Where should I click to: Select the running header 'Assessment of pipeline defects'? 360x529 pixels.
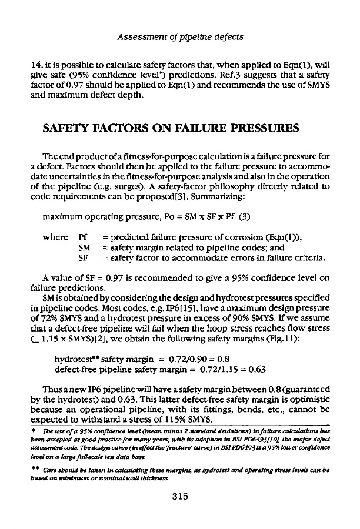[x=180, y=38]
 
